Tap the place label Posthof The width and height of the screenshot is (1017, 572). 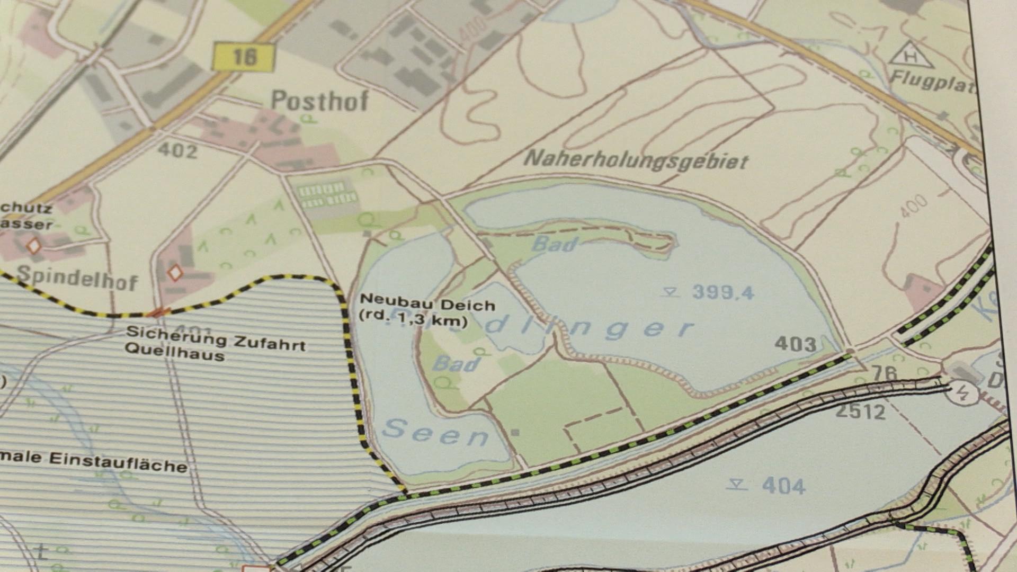319,100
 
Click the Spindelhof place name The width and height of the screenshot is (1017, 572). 77,279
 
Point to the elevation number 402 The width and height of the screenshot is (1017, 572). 178,151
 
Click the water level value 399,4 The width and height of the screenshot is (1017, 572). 722,292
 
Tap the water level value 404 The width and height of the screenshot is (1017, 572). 783,486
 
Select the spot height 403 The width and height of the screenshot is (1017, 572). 795,344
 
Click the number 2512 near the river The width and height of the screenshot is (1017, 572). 860,412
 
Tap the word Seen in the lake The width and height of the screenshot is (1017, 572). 435,433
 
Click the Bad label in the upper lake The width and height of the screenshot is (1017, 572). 554,244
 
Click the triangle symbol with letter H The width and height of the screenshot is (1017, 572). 911,56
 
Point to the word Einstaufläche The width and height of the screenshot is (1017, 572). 119,462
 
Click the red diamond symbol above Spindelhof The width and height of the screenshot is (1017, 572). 34,246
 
